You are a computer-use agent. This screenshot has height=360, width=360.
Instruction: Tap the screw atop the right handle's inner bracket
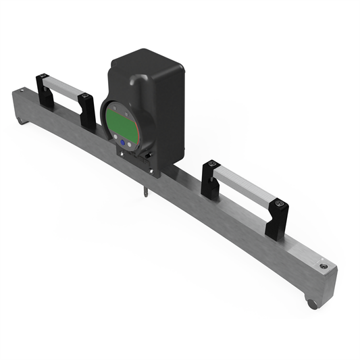(x=213, y=164)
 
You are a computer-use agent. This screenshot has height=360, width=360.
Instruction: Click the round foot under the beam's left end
(x=20, y=122)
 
